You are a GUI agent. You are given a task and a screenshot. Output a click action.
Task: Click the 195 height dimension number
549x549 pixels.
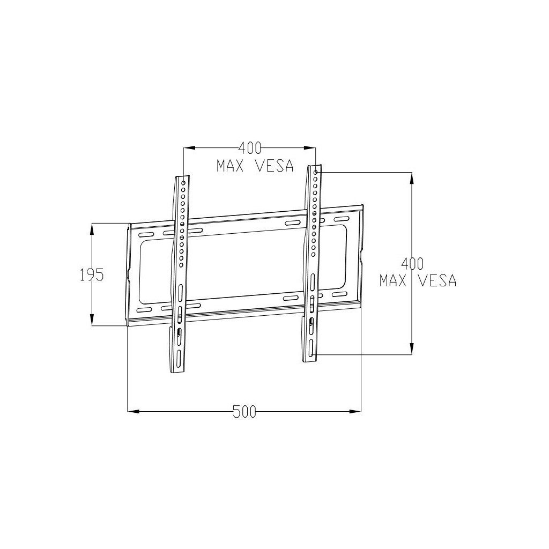pos(91,275)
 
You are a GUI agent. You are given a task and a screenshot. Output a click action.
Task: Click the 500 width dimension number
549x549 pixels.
pos(244,412)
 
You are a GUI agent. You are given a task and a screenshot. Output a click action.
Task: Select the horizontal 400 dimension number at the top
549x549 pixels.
pos(249,147)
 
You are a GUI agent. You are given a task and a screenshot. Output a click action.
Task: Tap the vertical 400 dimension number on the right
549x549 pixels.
pos(412,263)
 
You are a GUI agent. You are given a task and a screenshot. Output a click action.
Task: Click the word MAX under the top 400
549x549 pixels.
pos(231,166)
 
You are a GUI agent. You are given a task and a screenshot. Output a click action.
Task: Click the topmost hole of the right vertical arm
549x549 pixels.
pos(316,173)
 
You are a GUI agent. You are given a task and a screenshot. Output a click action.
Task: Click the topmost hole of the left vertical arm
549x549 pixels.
pos(183,183)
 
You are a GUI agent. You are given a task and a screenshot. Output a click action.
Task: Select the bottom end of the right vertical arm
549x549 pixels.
pos(309,360)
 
